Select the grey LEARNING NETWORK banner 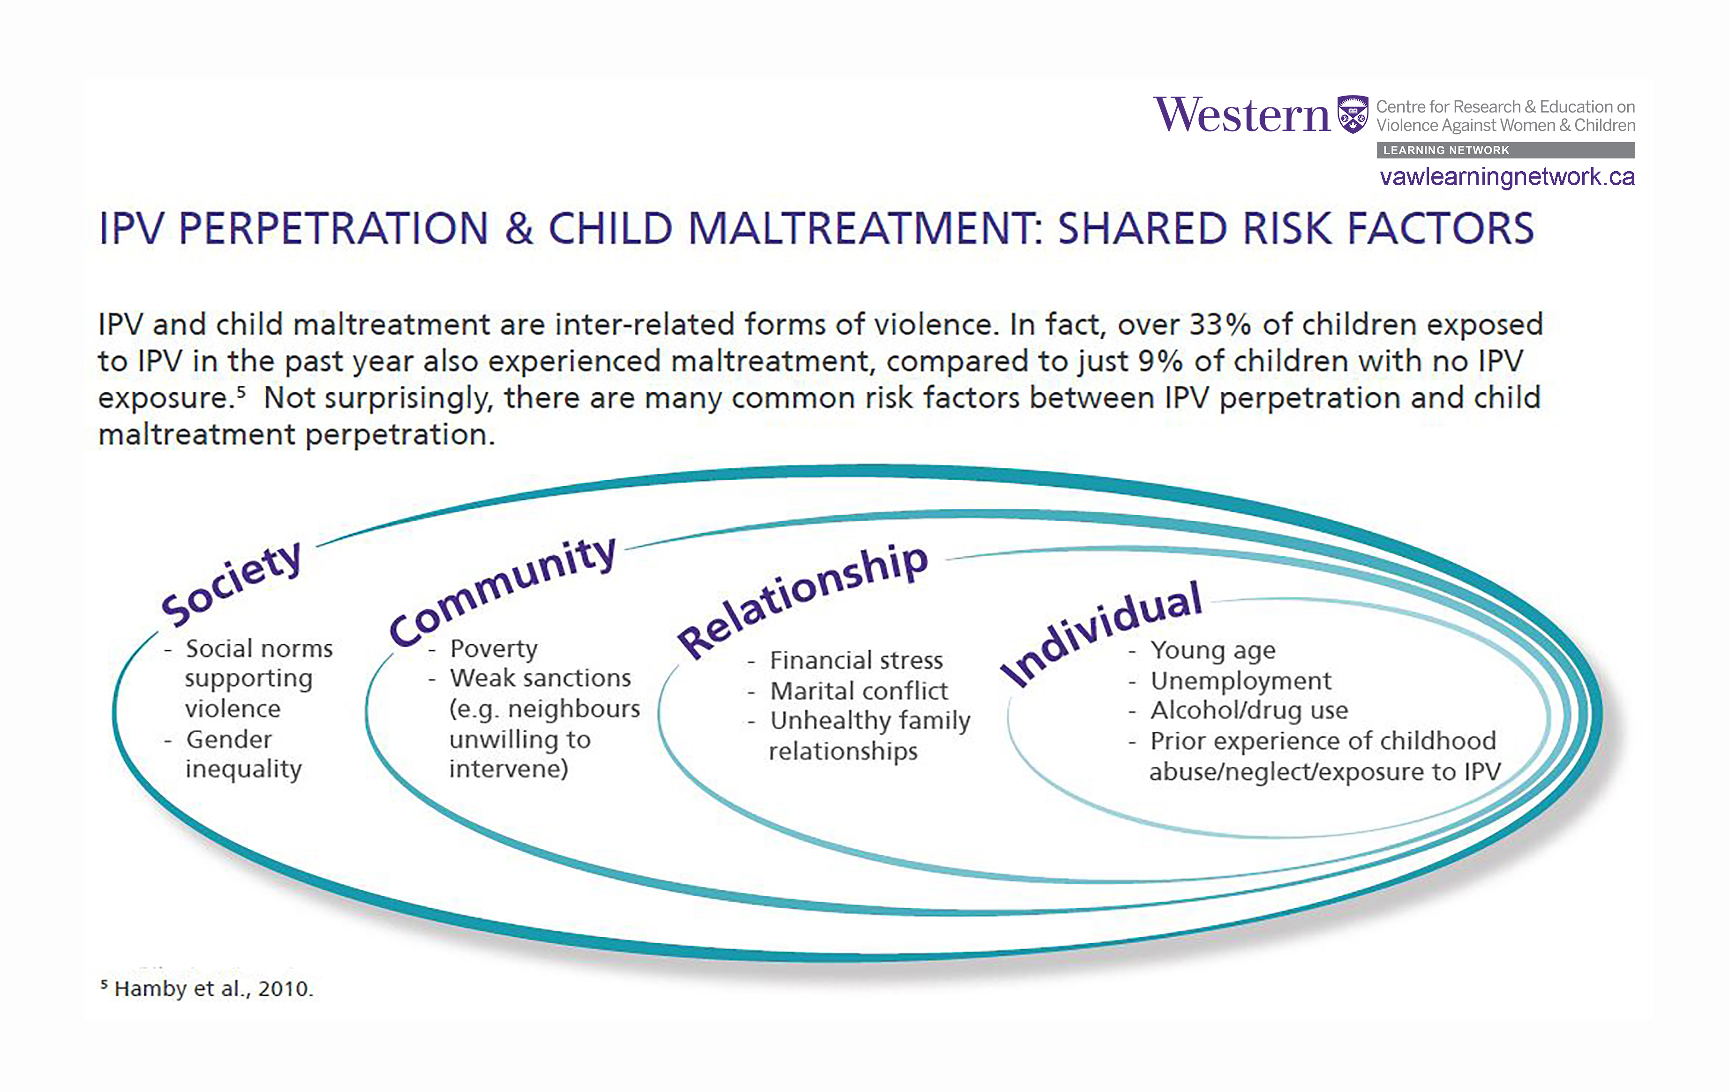click(x=1505, y=150)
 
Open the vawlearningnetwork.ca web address click(x=1506, y=177)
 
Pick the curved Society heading click(x=231, y=583)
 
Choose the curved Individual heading click(x=1101, y=632)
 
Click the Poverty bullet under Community click(x=493, y=648)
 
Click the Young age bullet click(x=1213, y=650)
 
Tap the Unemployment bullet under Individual click(x=1240, y=681)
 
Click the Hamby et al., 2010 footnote click(x=213, y=989)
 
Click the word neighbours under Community click(x=573, y=709)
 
